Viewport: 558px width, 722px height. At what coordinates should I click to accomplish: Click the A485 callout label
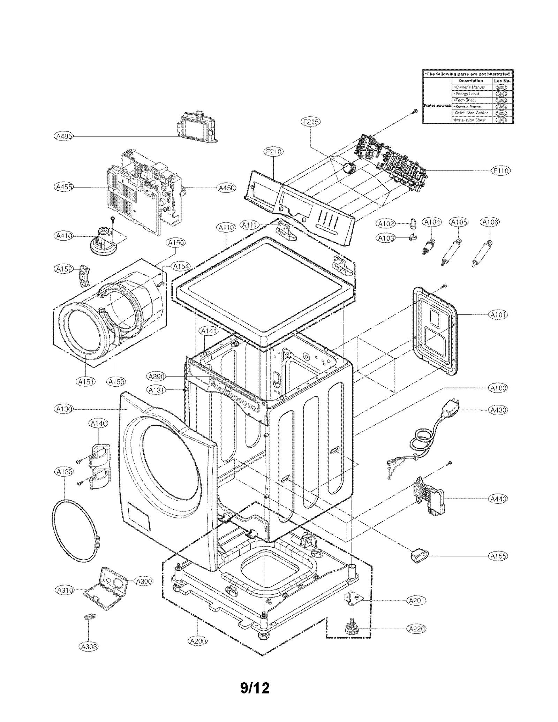click(64, 136)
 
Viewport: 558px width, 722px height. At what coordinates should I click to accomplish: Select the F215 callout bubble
click(310, 122)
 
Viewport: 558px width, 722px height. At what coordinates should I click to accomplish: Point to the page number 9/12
click(255, 688)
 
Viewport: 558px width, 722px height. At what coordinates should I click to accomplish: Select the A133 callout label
click(65, 472)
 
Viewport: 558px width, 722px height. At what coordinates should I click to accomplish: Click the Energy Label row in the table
click(467, 94)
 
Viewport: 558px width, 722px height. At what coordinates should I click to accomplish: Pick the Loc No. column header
click(502, 81)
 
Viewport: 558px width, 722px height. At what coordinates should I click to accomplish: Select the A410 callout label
click(64, 236)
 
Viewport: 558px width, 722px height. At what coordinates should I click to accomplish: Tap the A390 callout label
click(156, 377)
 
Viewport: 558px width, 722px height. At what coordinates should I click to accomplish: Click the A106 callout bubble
click(489, 222)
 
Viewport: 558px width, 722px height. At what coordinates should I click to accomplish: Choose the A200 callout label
click(198, 641)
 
